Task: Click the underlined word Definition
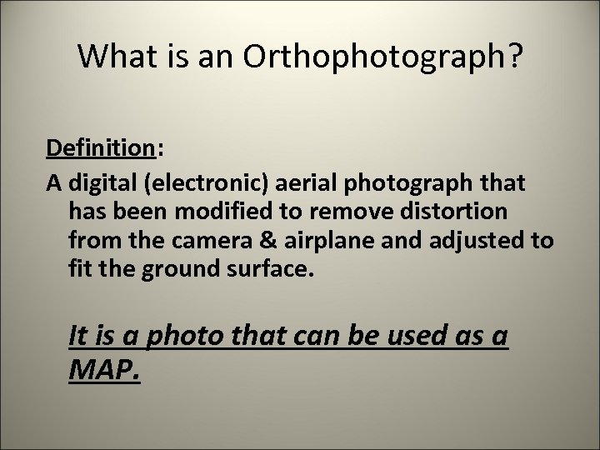pyautogui.click(x=99, y=148)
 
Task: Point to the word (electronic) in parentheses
pyautogui.click(x=192, y=182)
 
